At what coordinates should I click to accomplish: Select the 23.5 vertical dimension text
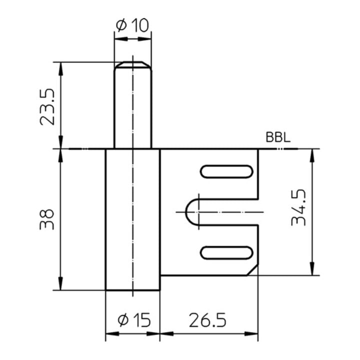(47, 106)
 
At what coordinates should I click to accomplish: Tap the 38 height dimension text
(47, 219)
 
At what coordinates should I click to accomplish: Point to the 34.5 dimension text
(299, 207)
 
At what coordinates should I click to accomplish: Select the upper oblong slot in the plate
(226, 171)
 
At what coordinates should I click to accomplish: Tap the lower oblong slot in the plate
(226, 252)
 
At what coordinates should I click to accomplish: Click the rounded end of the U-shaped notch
(190, 212)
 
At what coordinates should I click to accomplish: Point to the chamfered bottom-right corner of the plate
(253, 270)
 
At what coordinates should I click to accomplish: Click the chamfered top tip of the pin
(132, 64)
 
